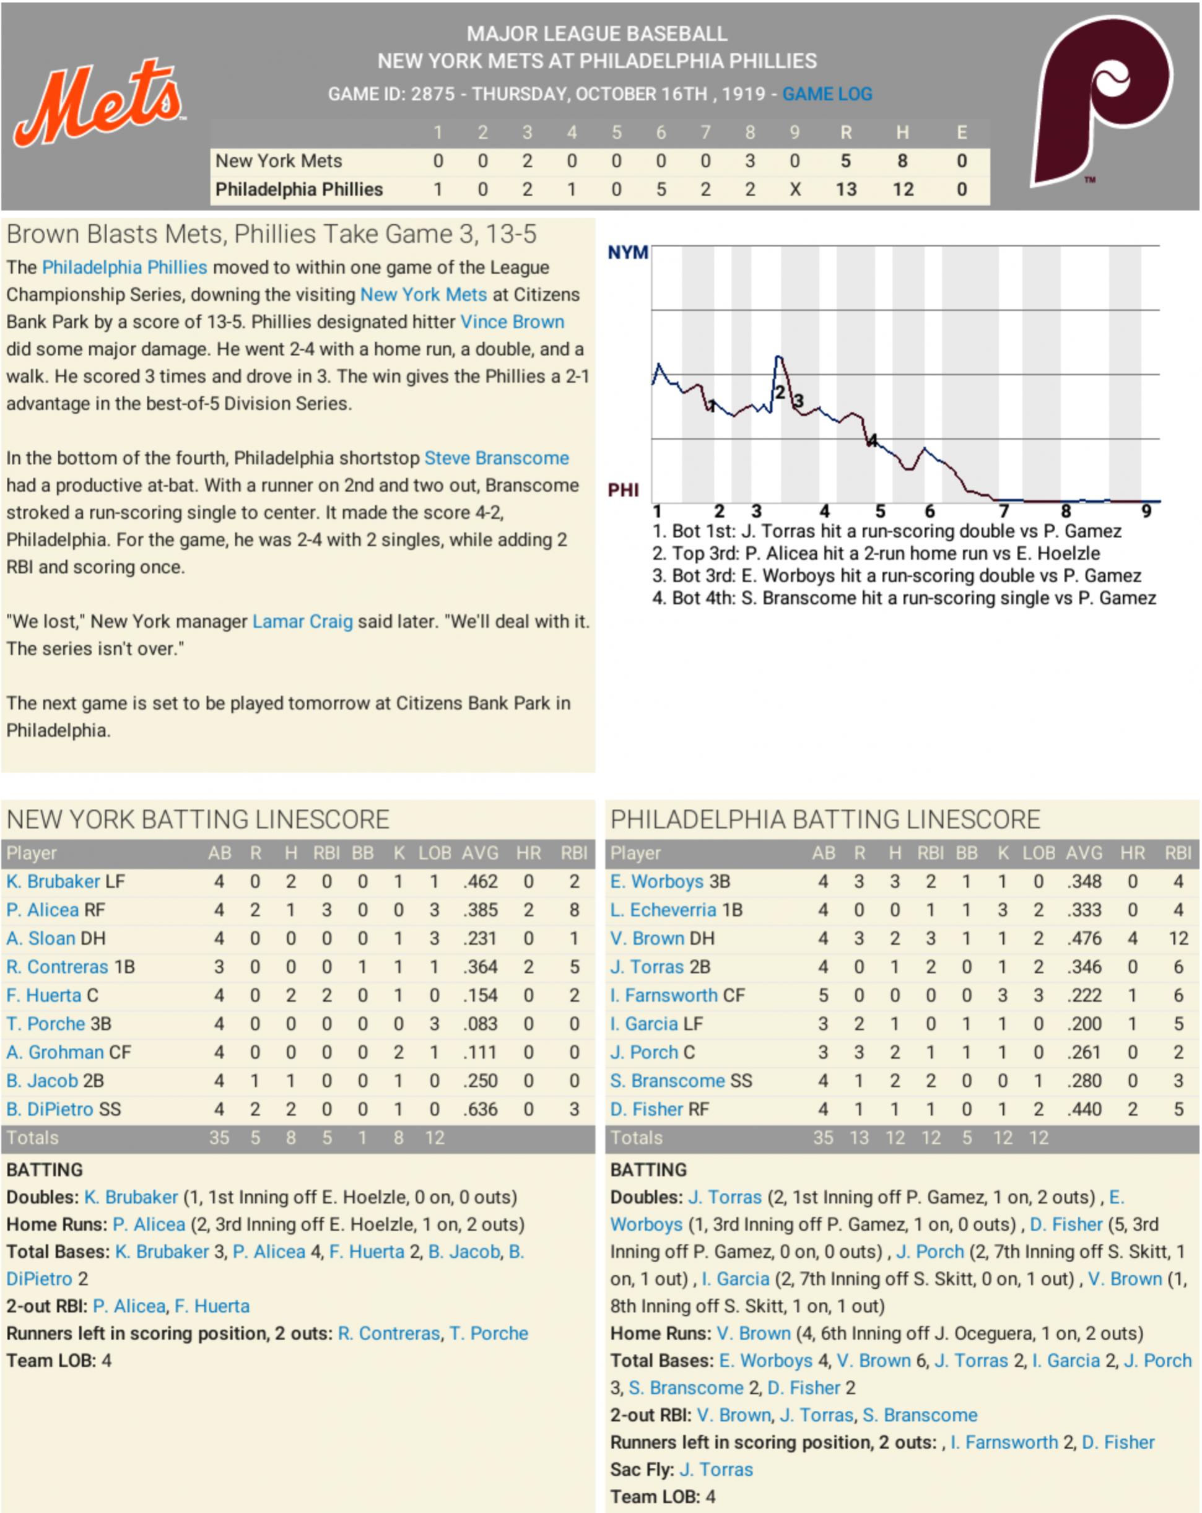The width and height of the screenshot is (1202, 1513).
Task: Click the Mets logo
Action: [x=98, y=102]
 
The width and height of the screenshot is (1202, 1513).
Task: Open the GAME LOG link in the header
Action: [x=827, y=94]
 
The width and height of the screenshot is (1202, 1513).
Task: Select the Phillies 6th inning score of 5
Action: [x=660, y=190]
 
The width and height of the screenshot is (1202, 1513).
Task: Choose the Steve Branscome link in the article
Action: [x=497, y=458]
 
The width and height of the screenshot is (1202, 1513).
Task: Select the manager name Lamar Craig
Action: [x=302, y=622]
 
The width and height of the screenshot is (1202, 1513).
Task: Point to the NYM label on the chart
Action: [x=627, y=253]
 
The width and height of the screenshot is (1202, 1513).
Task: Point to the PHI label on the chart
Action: [x=623, y=490]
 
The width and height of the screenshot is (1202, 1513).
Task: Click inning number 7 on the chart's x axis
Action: [x=1003, y=512]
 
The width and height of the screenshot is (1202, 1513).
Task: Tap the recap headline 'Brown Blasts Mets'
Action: [x=271, y=234]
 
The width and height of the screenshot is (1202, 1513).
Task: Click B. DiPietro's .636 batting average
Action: [x=480, y=1109]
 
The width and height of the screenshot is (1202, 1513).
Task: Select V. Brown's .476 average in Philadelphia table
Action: [x=1084, y=938]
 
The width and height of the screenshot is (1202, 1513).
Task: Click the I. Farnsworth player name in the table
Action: [x=663, y=995]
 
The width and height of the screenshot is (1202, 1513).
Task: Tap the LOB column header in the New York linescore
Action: [x=434, y=853]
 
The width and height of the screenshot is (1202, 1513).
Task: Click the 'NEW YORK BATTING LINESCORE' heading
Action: [x=198, y=819]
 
